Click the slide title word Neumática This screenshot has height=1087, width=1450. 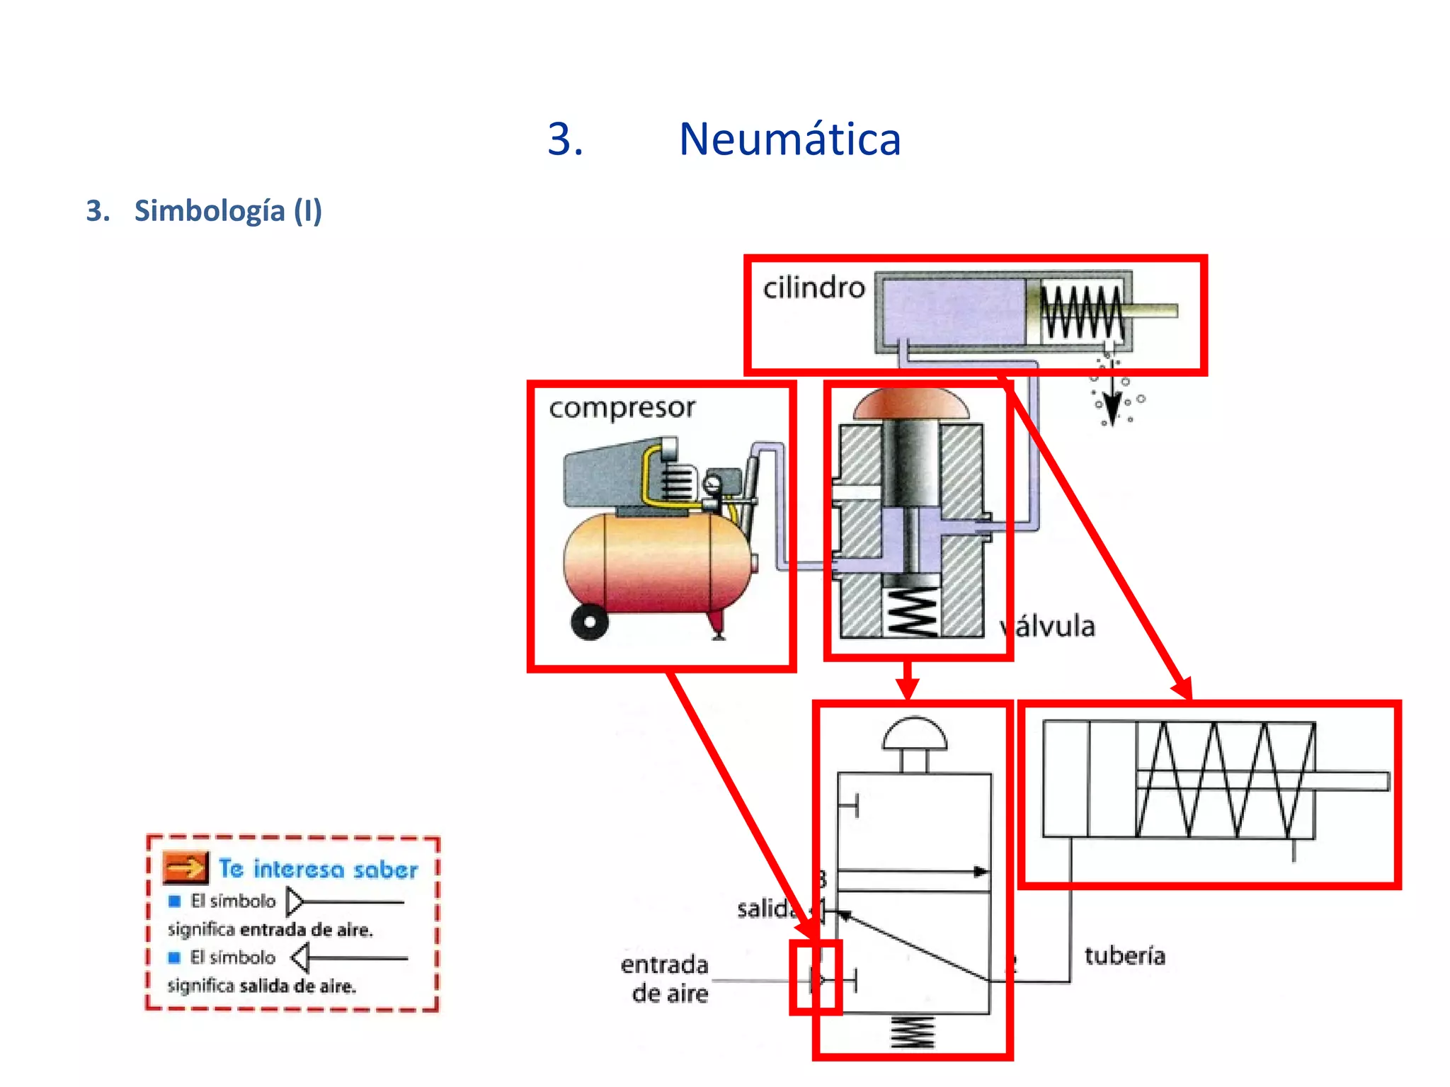[x=789, y=139]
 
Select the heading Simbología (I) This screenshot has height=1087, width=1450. [x=227, y=211]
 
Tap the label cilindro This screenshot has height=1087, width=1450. [x=814, y=288]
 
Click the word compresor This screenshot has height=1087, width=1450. [x=622, y=408]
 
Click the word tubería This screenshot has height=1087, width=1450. [x=1124, y=955]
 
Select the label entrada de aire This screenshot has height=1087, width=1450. [x=665, y=979]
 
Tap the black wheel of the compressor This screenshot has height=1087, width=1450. [x=589, y=622]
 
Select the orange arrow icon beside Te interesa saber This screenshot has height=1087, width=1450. [x=185, y=867]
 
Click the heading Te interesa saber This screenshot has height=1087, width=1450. [x=318, y=869]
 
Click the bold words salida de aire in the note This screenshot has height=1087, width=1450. [x=297, y=986]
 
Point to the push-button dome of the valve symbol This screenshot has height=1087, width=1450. [x=914, y=735]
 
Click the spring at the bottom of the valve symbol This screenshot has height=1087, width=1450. [x=913, y=1032]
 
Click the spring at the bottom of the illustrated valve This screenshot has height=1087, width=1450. [x=910, y=611]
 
